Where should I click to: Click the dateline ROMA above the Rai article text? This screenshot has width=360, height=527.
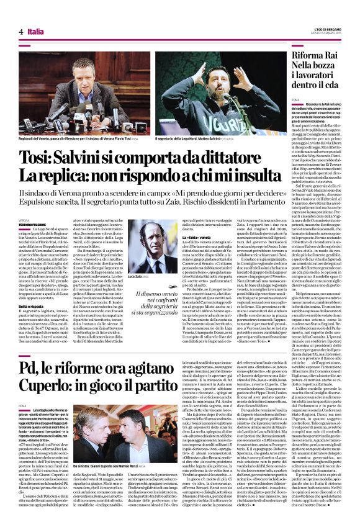point(295,99)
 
